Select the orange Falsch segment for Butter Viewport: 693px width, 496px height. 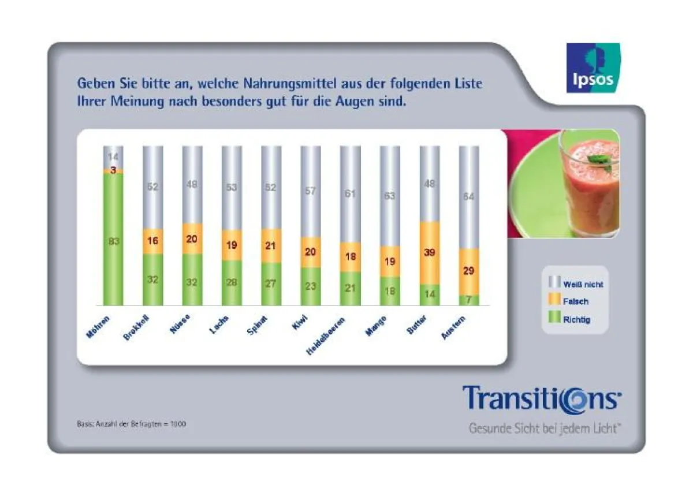coord(429,253)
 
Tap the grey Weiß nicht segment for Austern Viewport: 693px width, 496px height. coord(468,197)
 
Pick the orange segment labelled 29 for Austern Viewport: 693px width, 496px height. coord(468,271)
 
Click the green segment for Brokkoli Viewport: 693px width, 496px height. coord(153,279)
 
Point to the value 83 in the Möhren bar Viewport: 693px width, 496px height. coord(113,241)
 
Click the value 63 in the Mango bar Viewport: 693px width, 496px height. coord(390,196)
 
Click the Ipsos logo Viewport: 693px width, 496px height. coord(593,68)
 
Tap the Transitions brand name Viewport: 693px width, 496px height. coord(542,398)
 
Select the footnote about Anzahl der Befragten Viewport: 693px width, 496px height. coord(131,423)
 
